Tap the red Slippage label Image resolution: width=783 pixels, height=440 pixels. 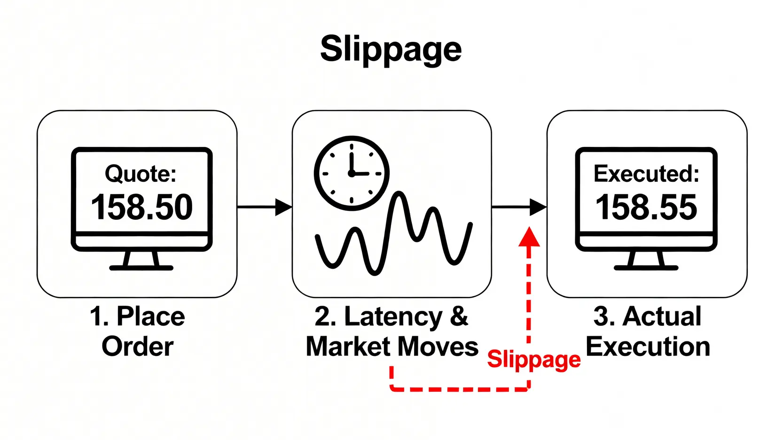coord(533,360)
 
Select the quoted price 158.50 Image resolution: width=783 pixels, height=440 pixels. coord(141,207)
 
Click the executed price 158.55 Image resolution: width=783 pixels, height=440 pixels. coord(646,207)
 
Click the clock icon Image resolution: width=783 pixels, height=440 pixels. coord(352,173)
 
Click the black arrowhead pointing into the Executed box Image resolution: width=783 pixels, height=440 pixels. coord(537,207)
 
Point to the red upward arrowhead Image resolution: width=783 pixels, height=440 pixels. coord(529,237)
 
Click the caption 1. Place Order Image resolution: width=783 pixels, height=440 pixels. coord(137,331)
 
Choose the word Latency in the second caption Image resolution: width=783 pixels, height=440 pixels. coord(393,316)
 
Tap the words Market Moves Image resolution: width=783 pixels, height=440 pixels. coord(391,347)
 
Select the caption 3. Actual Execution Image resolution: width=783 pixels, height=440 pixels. coord(647,331)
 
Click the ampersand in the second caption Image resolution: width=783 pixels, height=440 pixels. coord(459,316)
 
